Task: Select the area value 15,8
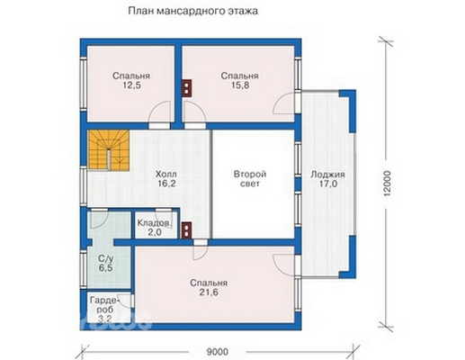(x=240, y=88)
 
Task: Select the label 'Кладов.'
(x=155, y=221)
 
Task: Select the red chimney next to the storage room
(x=186, y=229)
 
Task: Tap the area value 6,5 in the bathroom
(x=104, y=268)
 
